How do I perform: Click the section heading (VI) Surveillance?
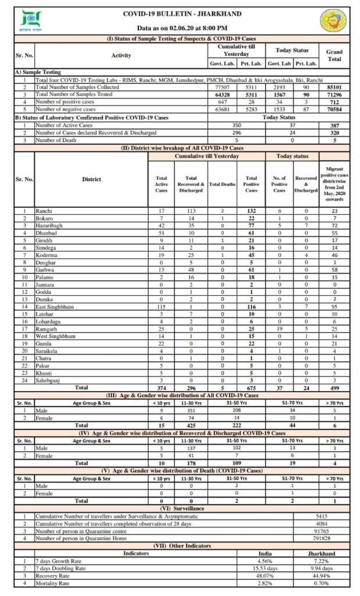pos(183,508)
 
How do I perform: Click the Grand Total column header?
pos(334,55)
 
